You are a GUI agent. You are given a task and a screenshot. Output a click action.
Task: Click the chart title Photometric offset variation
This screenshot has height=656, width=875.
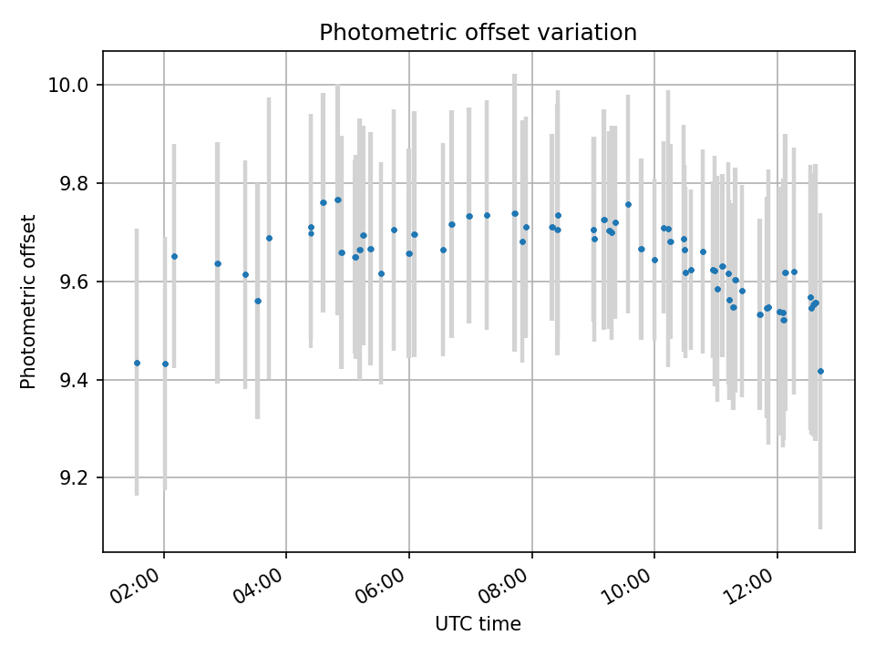(x=478, y=33)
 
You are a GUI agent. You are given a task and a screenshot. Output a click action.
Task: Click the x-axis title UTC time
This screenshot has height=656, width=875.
(x=478, y=624)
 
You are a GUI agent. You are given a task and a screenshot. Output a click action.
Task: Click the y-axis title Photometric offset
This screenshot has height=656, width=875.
(x=28, y=302)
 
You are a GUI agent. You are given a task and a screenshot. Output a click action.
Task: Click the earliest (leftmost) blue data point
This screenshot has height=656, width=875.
(x=137, y=363)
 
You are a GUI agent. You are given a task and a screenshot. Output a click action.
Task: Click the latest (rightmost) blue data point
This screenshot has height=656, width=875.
(x=820, y=371)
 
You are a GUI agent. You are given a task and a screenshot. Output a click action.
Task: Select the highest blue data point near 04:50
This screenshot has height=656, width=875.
(x=337, y=200)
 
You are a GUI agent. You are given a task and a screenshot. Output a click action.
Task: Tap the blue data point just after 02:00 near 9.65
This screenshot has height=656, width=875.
(x=174, y=256)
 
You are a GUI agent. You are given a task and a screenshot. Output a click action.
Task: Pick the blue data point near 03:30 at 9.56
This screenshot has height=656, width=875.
(x=258, y=301)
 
